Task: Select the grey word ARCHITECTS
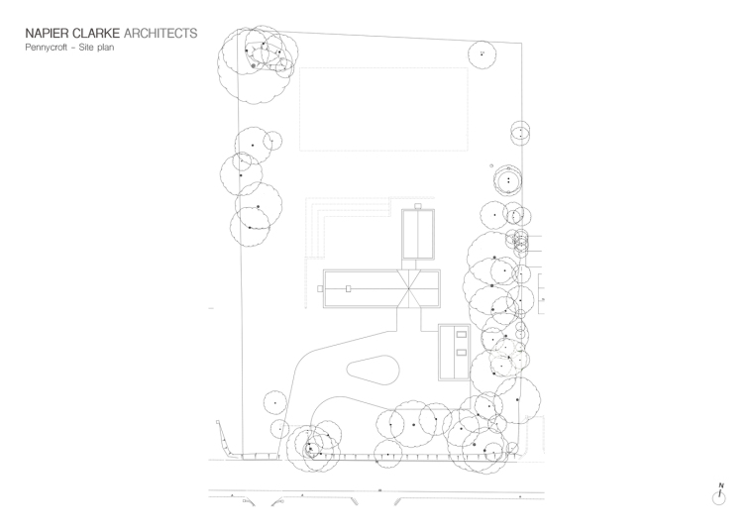pos(160,34)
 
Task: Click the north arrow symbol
pos(720,495)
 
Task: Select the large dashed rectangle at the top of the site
pos(382,109)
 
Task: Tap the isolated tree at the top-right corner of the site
pos(482,53)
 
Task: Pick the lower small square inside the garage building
pos(461,351)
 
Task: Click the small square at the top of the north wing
pos(418,206)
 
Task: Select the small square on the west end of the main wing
pos(319,288)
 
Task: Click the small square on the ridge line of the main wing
pos(348,288)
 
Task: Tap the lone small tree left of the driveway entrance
pos(274,402)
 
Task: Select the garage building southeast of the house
pos(454,351)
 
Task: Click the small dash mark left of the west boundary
pos(211,309)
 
